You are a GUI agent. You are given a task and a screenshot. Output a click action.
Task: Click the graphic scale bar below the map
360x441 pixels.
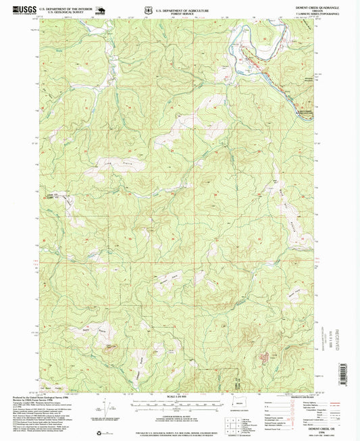coord(180,407)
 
